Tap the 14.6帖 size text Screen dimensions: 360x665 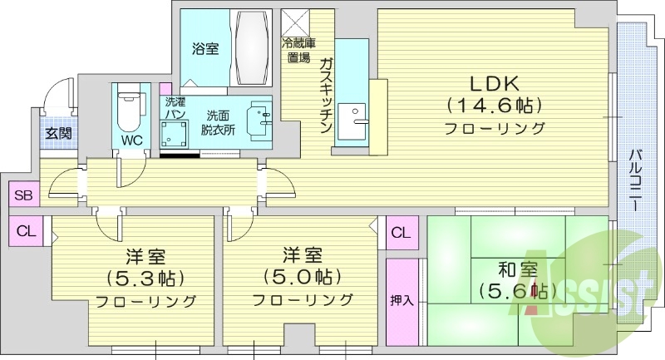pos(495,106)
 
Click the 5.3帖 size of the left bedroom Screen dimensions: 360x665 pos(146,277)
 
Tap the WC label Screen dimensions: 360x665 pos(131,140)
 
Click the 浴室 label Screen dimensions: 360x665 pos(206,49)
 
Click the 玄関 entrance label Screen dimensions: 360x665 pos(57,133)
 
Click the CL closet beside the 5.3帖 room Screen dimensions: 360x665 pos(26,230)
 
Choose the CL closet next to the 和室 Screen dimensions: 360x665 pos(401,232)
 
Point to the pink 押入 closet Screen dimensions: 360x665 pos(402,300)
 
